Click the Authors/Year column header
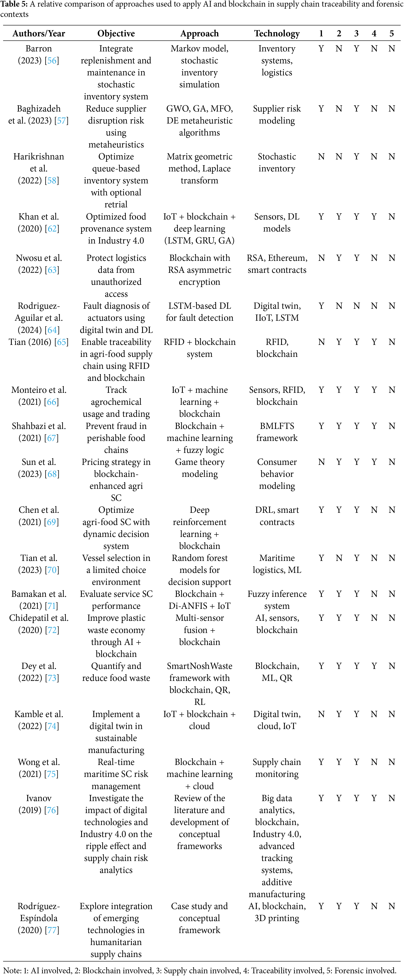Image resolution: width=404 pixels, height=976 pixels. pos(39,33)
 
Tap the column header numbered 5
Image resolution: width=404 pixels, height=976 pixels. pos(391,33)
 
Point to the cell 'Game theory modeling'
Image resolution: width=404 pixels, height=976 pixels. pos(200,468)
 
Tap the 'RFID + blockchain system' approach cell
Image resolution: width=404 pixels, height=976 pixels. pos(200,348)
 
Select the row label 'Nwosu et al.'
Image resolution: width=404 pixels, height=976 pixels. pos(39,258)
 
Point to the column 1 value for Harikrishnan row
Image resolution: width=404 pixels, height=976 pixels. pos(321,157)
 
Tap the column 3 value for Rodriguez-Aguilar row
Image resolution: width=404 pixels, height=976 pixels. pos(356,306)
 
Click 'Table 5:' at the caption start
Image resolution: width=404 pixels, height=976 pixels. pos(11,4)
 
